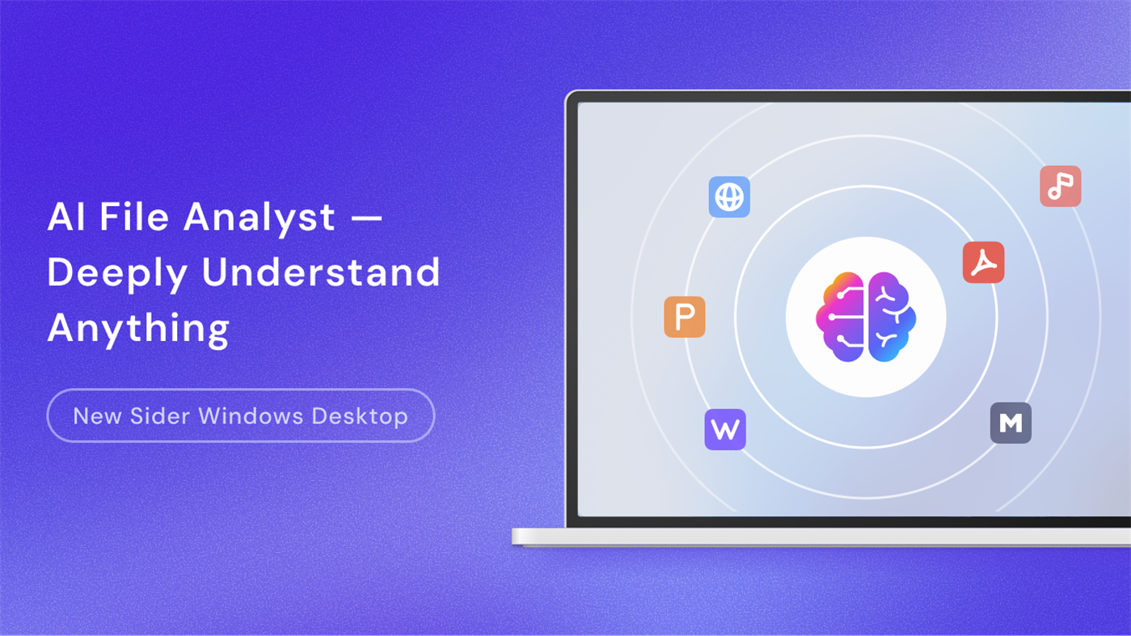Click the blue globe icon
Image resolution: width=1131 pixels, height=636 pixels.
pos(729,197)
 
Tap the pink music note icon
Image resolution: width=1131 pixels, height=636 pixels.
pos(1060,187)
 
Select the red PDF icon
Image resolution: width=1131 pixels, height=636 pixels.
pos(983,263)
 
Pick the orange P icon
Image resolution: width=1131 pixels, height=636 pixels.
pos(685,317)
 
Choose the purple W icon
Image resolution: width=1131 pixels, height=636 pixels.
pos(725,429)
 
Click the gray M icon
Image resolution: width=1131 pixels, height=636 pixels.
pos(1011,423)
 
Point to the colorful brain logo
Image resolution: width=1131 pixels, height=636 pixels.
pos(866,317)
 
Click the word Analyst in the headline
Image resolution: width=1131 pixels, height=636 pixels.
pos(259,217)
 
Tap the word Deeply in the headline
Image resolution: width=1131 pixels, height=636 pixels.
pos(117,273)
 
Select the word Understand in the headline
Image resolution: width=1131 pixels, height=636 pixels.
pos(321,272)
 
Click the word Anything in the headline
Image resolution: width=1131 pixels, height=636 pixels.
pos(138,328)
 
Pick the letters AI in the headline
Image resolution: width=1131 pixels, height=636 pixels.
pos(66,217)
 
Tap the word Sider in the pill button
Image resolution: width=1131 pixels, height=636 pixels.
pos(159,416)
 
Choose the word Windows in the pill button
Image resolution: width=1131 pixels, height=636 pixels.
pos(251,416)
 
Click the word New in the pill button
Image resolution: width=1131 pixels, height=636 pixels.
pos(95,416)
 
